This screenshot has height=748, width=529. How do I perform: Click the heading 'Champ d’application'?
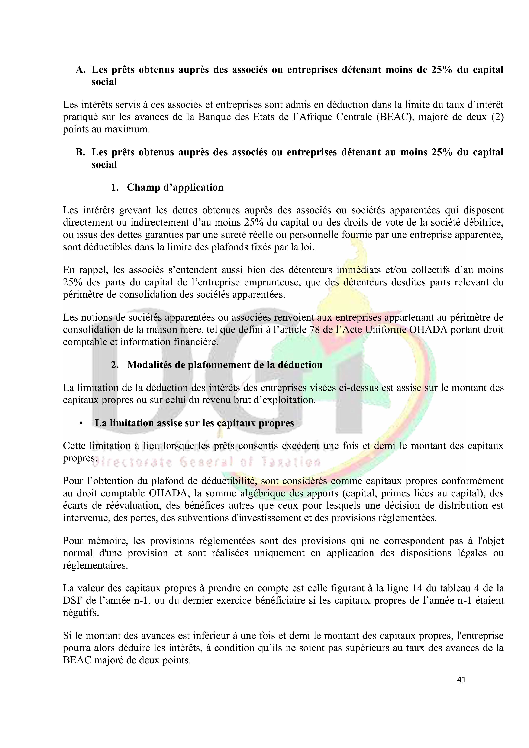coord(175,187)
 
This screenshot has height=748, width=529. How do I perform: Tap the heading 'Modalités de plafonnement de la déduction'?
coord(225,365)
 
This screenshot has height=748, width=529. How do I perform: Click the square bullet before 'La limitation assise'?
coord(80,423)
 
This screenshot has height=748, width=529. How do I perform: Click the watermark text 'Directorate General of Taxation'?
coord(209,463)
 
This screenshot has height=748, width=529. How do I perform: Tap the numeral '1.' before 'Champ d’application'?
coord(115,187)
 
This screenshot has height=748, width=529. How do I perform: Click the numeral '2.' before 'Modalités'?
coord(115,365)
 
